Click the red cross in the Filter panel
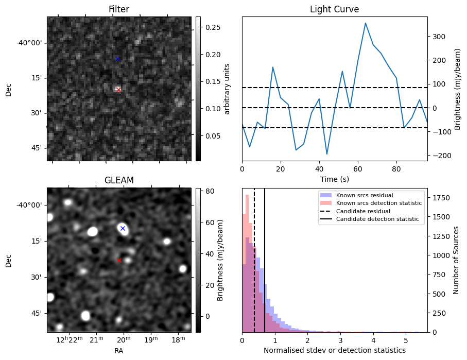[118, 90]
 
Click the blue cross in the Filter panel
[117, 59]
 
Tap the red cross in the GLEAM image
[119, 261]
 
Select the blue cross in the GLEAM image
[123, 228]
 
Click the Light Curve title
[334, 9]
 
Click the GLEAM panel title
[119, 180]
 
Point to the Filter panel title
[119, 9]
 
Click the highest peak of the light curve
[365, 23]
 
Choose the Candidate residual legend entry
[363, 211]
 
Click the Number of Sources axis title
[456, 260]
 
